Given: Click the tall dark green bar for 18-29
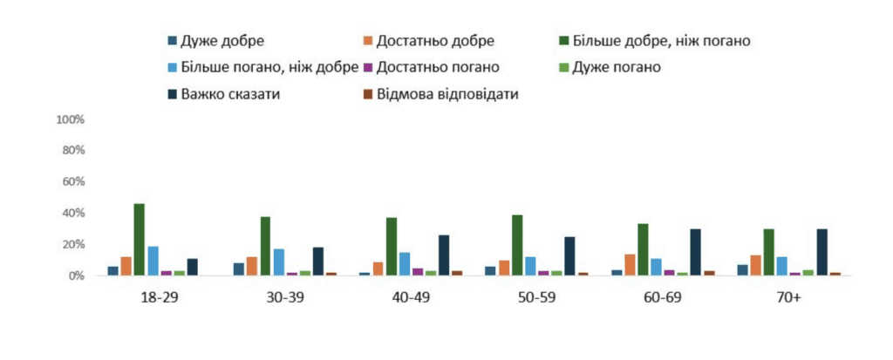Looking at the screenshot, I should (x=139, y=240).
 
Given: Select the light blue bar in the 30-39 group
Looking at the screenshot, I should (x=277, y=262).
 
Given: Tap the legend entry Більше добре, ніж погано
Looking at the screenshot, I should (x=654, y=40).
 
